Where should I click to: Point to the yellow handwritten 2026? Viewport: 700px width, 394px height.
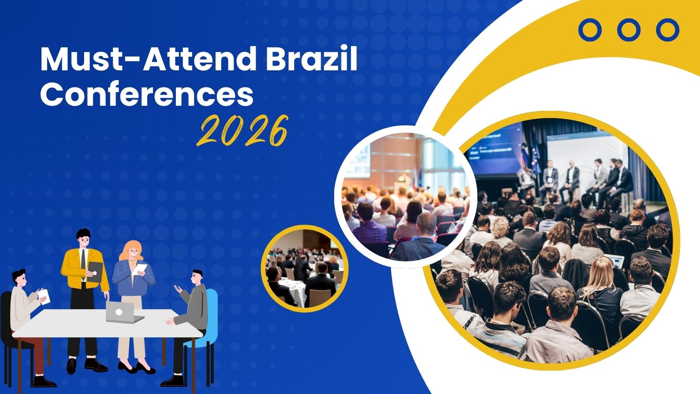[242, 130]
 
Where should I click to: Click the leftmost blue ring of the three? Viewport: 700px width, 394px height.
[590, 30]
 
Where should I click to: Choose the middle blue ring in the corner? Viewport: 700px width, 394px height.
[629, 30]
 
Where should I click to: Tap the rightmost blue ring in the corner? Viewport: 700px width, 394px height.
[668, 30]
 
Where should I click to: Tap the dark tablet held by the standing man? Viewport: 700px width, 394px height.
[96, 272]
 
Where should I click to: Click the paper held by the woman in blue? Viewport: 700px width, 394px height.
[140, 269]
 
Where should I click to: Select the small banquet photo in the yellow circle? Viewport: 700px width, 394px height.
[305, 269]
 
